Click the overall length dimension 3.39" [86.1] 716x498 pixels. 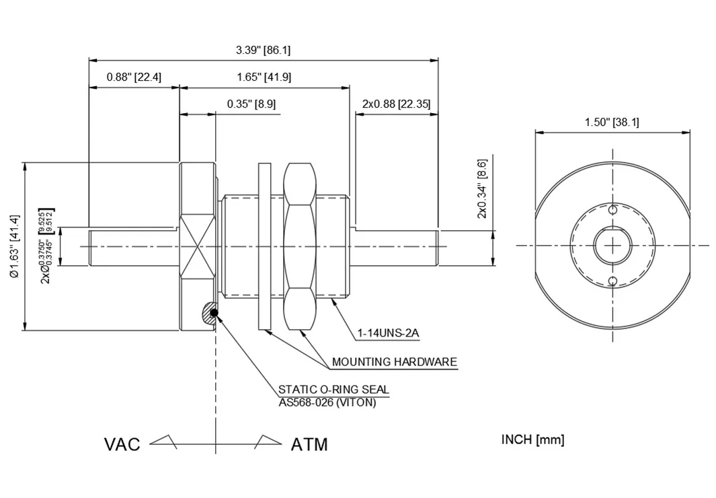263,50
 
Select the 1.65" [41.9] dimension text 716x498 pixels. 264,77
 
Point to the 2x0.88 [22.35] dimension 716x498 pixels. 396,104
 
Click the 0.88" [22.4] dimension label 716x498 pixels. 134,77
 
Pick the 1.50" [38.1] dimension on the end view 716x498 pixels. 612,122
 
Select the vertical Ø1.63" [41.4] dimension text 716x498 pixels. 15,246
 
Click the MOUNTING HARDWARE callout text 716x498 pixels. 394,362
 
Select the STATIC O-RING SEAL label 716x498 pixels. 333,390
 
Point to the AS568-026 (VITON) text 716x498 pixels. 327,402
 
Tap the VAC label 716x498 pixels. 122,445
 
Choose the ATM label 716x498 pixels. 309,445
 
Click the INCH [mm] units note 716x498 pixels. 532,440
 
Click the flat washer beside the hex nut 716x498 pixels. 264,246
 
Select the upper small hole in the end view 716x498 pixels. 613,210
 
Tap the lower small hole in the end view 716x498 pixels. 613,281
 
